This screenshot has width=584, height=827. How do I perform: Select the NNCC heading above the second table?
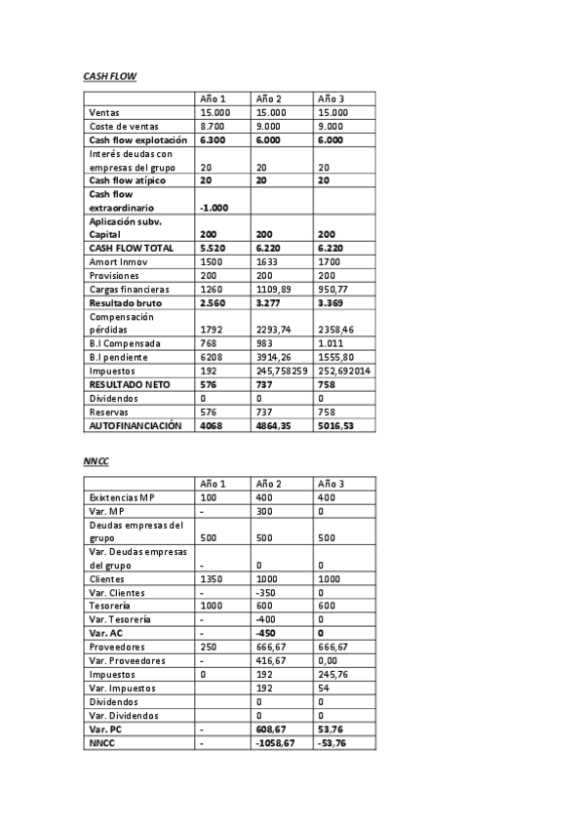96,458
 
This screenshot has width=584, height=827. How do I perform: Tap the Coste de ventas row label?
124,126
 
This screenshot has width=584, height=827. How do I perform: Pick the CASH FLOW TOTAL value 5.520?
213,248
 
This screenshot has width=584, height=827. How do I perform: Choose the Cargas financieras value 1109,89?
273,289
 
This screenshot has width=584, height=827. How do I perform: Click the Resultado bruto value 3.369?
331,302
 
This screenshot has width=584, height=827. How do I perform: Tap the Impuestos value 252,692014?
344,371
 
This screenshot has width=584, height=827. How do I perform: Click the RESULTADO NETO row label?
130,384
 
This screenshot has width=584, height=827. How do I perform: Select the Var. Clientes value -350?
267,592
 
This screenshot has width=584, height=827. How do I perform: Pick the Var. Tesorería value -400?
267,619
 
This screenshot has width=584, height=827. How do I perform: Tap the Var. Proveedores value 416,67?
271,660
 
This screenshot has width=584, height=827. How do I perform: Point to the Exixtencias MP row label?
122,497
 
